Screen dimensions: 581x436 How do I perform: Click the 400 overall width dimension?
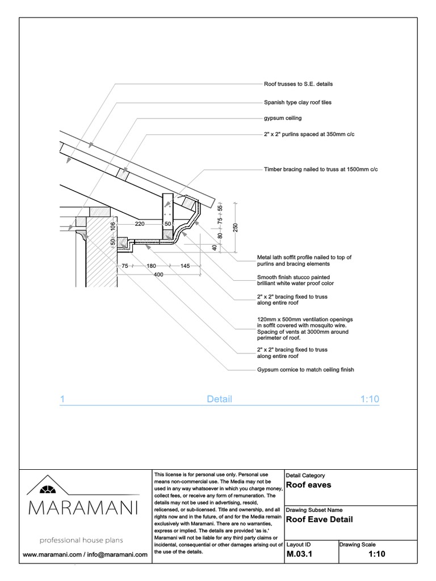tap(158, 275)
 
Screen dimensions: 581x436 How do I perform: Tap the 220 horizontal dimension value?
tap(140, 224)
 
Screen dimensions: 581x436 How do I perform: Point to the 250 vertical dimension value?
tap(236, 227)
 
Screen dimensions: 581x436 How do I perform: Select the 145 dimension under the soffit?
tap(186, 266)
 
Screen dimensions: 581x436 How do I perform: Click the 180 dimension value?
tap(152, 266)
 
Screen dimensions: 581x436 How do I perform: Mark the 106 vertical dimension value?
tap(114, 226)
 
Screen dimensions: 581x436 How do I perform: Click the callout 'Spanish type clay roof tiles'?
tap(297, 103)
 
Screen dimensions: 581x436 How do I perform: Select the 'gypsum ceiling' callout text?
tap(283, 119)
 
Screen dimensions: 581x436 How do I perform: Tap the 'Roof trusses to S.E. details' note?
tap(298, 84)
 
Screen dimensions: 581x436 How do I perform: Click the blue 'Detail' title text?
tap(219, 399)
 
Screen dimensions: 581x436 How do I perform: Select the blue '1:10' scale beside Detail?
tap(369, 399)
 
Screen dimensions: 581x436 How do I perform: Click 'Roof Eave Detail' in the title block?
tap(319, 519)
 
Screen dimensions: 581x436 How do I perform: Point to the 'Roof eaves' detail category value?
tap(308, 485)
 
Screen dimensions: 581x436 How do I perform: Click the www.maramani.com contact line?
tap(85, 554)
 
